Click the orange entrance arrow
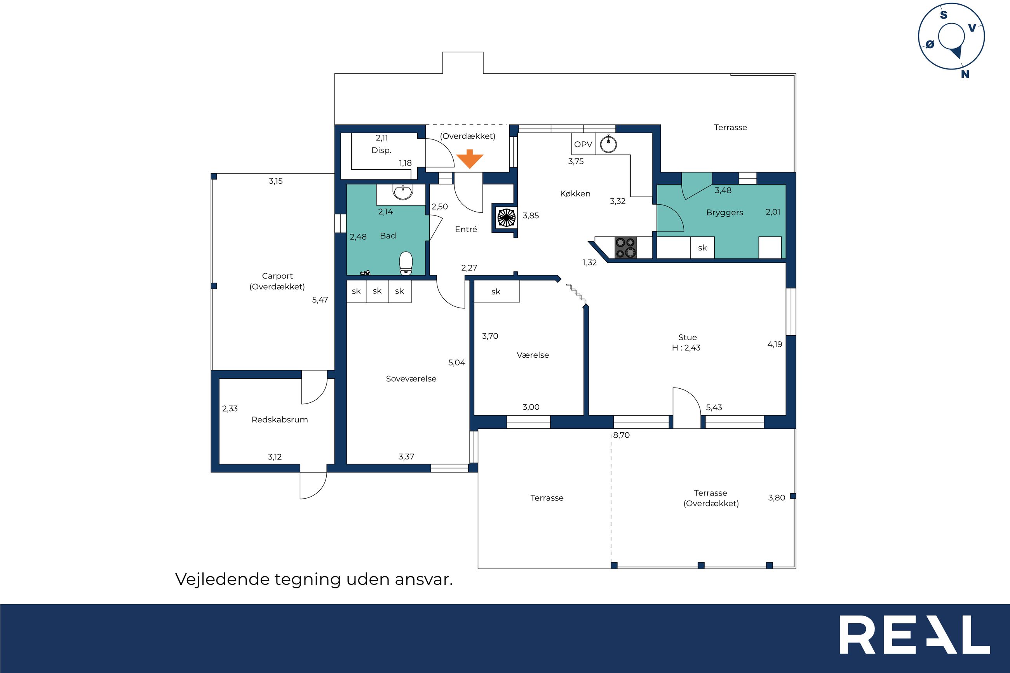pos(470,159)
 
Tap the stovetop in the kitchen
pos(626,248)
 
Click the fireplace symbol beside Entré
pos(506,217)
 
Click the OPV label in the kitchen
pos(583,144)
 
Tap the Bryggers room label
pos(724,213)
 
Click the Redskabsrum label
pos(279,419)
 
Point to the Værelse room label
pos(533,355)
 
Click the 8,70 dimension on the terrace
pos(621,435)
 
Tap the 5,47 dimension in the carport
pos(320,300)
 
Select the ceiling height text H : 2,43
pos(686,348)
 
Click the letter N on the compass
pos(965,74)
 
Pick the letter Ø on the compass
pos(930,44)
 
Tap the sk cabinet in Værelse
pos(496,291)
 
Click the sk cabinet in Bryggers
pos(702,248)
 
